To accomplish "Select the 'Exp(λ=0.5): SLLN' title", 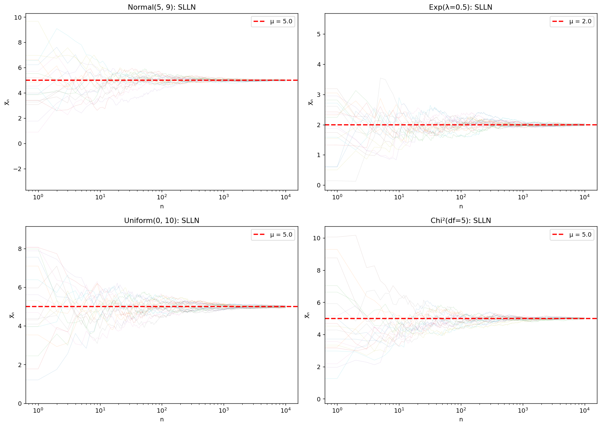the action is pos(461,7).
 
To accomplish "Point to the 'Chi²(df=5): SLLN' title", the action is pos(461,221).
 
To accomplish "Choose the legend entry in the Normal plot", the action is pos(273,22).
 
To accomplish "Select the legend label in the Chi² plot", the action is pos(580,235).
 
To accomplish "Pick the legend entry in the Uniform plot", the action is pos(273,235).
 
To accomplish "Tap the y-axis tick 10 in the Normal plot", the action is pos(18,17).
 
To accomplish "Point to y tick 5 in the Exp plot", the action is pos(319,34).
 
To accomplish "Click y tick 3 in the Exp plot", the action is pos(319,95).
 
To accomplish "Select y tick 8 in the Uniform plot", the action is pos(20,249).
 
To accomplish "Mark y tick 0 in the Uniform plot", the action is pos(20,404).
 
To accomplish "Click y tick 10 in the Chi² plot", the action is pos(317,238).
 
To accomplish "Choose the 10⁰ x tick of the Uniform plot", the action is pos(38,410).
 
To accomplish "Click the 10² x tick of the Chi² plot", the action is pos(461,410).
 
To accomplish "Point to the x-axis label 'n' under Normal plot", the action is pos(162,206).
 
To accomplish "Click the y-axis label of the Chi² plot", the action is pos(307,315).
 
